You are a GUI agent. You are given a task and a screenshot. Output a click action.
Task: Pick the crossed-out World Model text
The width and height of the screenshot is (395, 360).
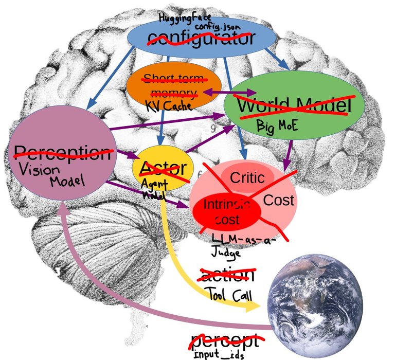pyautogui.click(x=294, y=106)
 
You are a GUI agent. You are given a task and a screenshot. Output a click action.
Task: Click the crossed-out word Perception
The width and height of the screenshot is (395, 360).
pyautogui.click(x=62, y=152)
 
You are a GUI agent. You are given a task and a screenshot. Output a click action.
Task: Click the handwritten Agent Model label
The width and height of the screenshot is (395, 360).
pyautogui.click(x=152, y=189)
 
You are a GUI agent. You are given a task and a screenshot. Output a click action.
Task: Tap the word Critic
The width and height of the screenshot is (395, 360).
pyautogui.click(x=247, y=178)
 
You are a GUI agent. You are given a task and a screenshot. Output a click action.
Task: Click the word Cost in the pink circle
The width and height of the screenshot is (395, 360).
pyautogui.click(x=278, y=200)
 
